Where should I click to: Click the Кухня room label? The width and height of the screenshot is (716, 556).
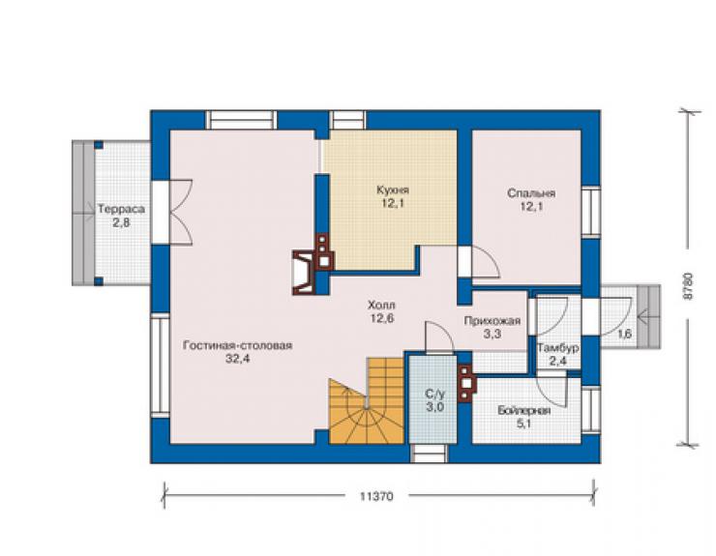click(x=393, y=190)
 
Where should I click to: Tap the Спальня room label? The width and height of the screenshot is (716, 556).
click(x=531, y=193)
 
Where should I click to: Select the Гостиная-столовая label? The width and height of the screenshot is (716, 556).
click(x=237, y=345)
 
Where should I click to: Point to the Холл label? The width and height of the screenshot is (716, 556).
click(x=382, y=305)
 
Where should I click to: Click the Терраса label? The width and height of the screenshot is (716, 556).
click(x=122, y=210)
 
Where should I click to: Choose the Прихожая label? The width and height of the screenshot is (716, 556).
click(x=492, y=321)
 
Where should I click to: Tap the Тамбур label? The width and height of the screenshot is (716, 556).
click(x=558, y=348)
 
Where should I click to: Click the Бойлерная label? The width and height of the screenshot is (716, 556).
click(x=524, y=410)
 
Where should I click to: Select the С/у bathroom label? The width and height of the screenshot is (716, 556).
click(x=434, y=394)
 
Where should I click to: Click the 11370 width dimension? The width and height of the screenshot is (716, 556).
click(x=376, y=496)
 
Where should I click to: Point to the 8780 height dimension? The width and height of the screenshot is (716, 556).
click(x=688, y=286)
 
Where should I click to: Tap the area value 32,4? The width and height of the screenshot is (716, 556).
click(x=237, y=359)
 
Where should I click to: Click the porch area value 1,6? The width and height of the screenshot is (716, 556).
click(x=625, y=334)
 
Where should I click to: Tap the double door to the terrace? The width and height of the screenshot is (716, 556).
click(x=181, y=213)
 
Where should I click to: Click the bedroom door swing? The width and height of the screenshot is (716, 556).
click(x=485, y=262)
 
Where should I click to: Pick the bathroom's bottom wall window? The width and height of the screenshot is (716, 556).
click(x=430, y=453)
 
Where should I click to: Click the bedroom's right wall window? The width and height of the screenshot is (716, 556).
click(x=590, y=212)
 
